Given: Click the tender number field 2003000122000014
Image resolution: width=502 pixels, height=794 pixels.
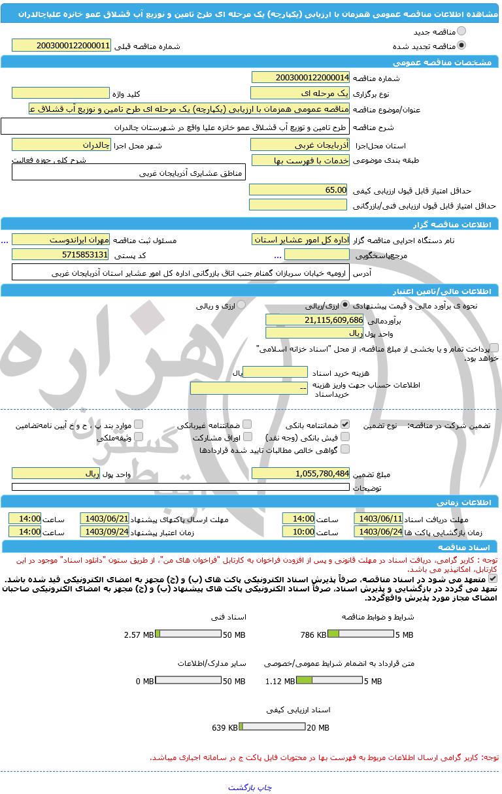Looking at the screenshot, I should tap(300, 77).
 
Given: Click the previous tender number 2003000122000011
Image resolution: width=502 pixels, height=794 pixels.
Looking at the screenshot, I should tap(61, 46).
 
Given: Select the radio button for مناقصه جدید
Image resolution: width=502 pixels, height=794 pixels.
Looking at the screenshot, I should tap(462, 31).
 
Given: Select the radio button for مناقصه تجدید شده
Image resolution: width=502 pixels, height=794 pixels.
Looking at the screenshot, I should tap(462, 46).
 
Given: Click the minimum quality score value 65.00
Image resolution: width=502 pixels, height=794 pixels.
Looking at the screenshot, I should tap(298, 190).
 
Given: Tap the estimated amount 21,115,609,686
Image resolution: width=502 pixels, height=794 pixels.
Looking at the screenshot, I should tap(314, 320).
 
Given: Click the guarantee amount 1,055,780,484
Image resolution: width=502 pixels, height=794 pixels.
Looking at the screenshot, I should tap(300, 473).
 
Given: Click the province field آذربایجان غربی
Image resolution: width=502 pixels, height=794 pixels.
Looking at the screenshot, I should tap(300, 144).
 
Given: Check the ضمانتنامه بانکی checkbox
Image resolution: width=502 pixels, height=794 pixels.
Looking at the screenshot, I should tap(345, 424).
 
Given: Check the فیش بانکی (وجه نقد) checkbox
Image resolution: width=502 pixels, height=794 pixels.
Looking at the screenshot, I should tap(345, 437).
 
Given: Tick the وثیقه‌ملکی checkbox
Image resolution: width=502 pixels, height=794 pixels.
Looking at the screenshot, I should tap(139, 437).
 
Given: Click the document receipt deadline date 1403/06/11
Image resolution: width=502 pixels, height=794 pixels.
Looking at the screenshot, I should tap(378, 518).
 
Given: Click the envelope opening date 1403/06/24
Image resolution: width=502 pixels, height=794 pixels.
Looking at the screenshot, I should tap(378, 531).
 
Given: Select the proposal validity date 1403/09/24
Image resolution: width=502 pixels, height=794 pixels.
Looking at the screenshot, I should tap(105, 531).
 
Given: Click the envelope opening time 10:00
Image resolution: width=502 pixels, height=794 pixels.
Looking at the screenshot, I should tap(298, 531).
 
